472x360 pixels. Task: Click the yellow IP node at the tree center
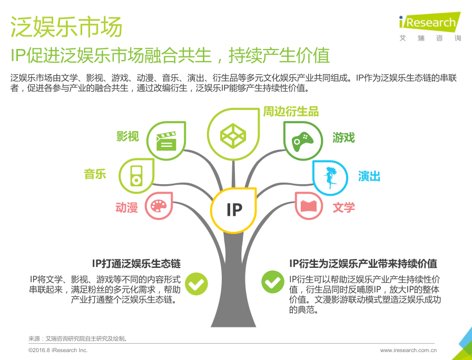tap(233, 210)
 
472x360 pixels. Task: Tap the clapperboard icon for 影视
tap(166, 141)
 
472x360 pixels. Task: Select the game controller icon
tap(302, 142)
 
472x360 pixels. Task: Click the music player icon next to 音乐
tap(136, 176)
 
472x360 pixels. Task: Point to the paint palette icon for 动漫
tap(159, 206)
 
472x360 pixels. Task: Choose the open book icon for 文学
tap(308, 206)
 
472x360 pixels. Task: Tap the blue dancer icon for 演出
tap(330, 177)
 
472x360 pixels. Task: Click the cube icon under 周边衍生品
tap(233, 136)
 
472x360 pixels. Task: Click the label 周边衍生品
tap(291, 112)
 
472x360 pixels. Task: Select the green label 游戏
tap(343, 137)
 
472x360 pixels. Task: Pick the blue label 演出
tap(369, 176)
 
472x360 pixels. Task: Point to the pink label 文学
tap(344, 207)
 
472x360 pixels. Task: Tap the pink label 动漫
tap(127, 207)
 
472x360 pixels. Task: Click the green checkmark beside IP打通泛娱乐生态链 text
tap(196, 283)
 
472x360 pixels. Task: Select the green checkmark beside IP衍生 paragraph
tap(273, 282)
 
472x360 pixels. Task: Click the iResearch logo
tap(430, 26)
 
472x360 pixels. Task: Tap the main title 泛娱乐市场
tap(66, 26)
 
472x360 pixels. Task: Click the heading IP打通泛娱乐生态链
tap(136, 264)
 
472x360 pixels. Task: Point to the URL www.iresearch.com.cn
tap(408, 351)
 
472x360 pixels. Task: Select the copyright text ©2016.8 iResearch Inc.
tap(58, 351)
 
